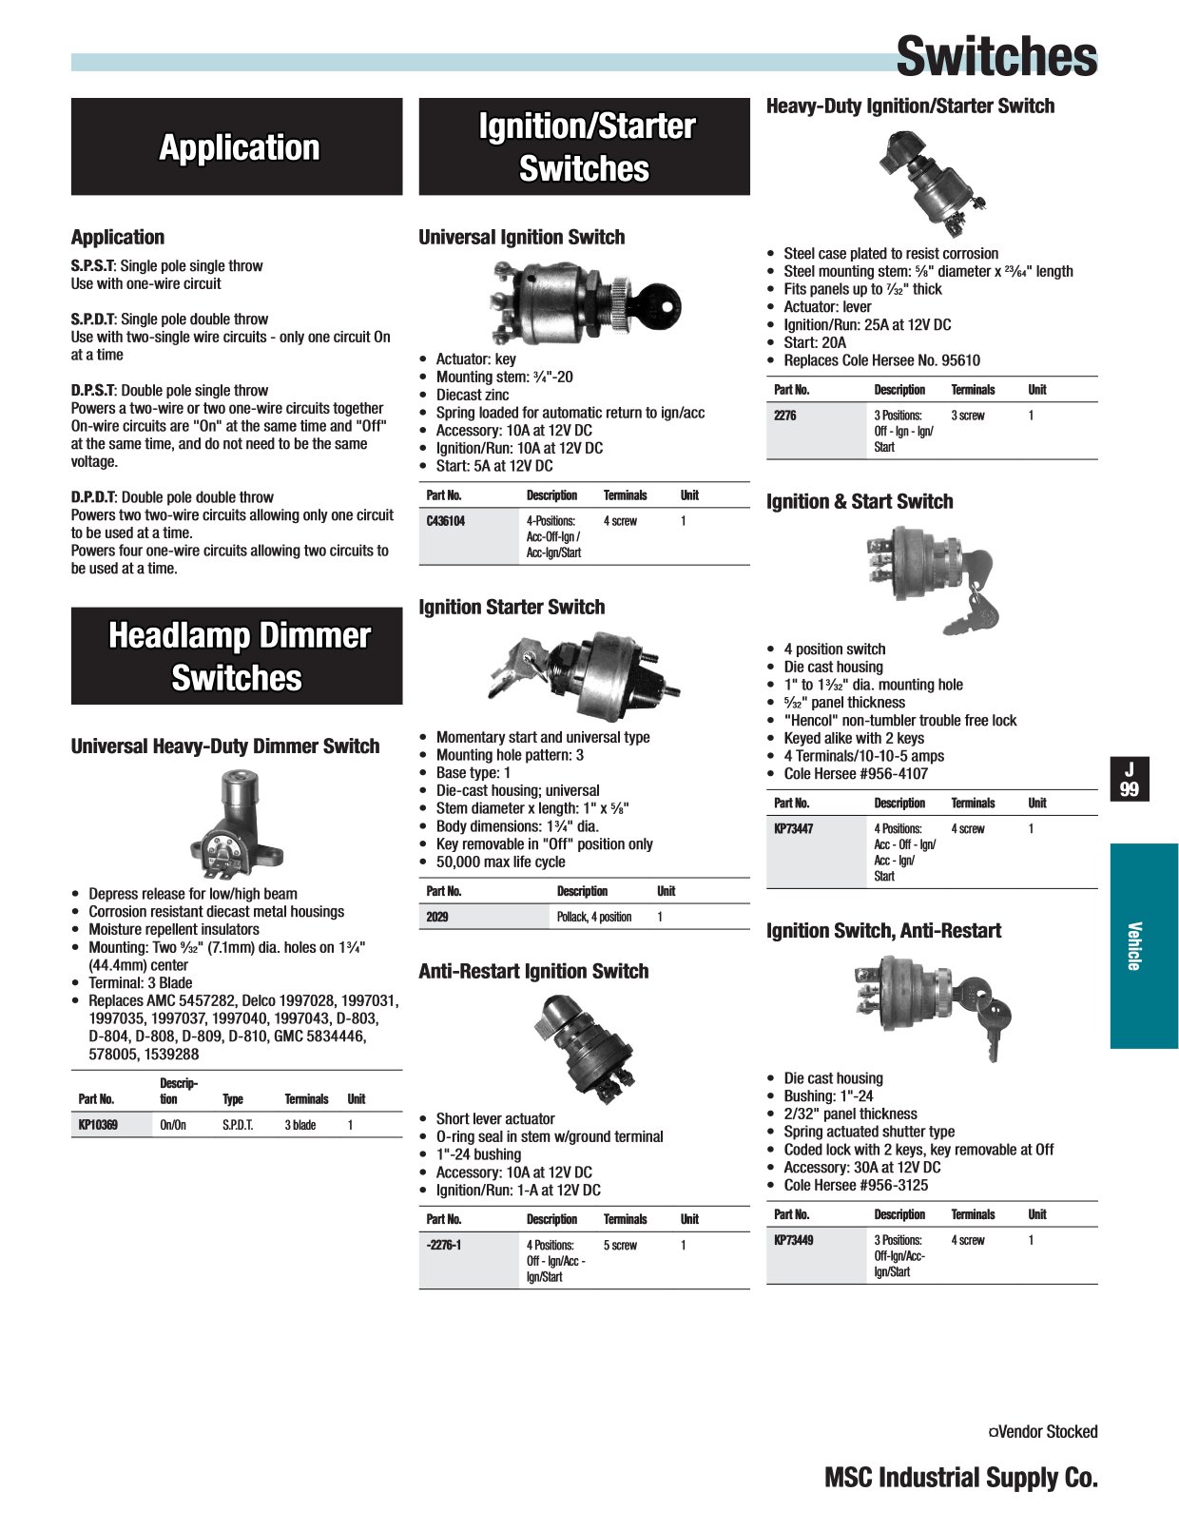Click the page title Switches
pyautogui.click(x=995, y=56)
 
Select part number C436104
pyautogui.click(x=446, y=521)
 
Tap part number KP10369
pyautogui.click(x=98, y=1125)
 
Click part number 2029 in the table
pyautogui.click(x=437, y=917)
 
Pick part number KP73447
pyautogui.click(x=793, y=828)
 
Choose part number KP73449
pyautogui.click(x=793, y=1240)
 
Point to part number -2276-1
pyautogui.click(x=444, y=1245)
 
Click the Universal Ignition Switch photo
pyautogui.click(x=586, y=303)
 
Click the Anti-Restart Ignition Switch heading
pyautogui.click(x=533, y=971)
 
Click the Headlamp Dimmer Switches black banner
pyautogui.click(x=237, y=656)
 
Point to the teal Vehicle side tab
pyautogui.click(x=1143, y=946)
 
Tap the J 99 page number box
pyautogui.click(x=1130, y=779)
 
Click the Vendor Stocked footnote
pyautogui.click(x=1043, y=1431)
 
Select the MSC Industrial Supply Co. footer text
pyautogui.click(x=960, y=1477)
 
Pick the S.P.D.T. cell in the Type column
pyautogui.click(x=238, y=1125)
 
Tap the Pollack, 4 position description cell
pyautogui.click(x=594, y=917)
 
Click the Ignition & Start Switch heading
pyautogui.click(x=860, y=501)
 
